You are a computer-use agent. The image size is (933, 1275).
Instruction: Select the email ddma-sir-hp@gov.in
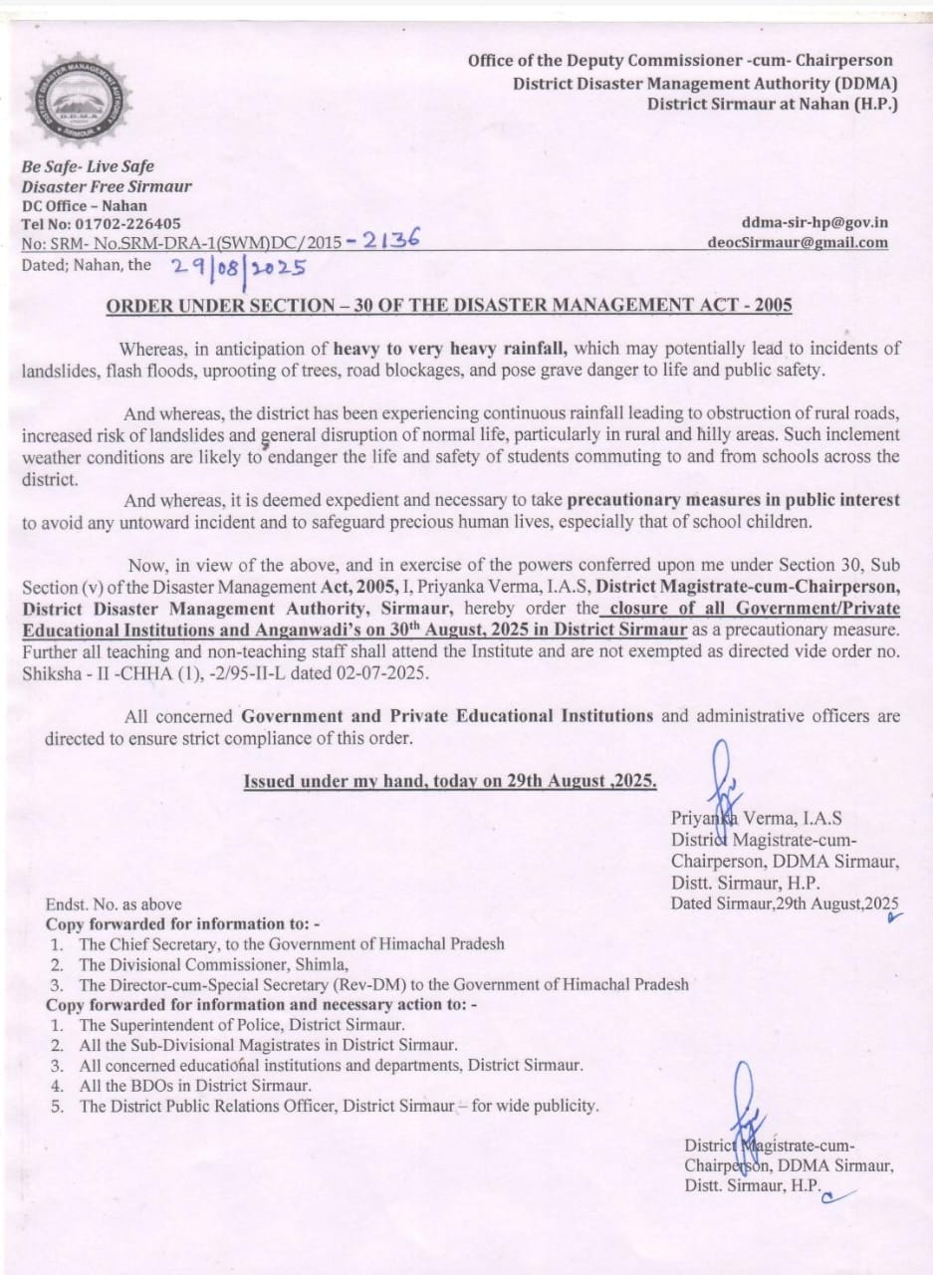click(815, 223)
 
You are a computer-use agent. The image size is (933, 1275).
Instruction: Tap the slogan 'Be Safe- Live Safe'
click(88, 166)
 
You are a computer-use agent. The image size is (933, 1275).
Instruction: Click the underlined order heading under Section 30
click(449, 305)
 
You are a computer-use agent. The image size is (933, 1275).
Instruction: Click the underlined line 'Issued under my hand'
click(450, 780)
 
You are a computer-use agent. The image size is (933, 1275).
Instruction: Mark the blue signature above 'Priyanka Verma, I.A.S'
click(723, 787)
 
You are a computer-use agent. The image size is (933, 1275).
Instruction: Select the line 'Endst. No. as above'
click(114, 904)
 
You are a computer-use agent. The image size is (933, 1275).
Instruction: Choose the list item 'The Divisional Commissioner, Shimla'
click(214, 964)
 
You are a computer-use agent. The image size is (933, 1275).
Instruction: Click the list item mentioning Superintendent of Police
click(242, 1025)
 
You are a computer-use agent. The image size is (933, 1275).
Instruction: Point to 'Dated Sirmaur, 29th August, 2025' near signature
click(785, 903)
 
